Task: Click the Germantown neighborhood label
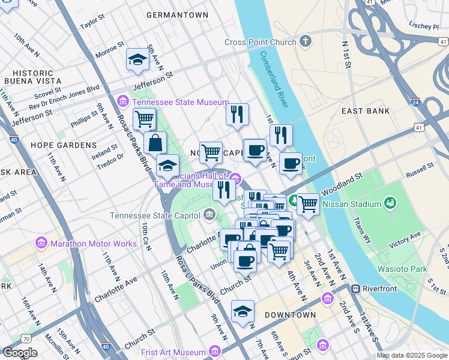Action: [x=177, y=14]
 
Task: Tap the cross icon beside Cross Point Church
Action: [x=306, y=42]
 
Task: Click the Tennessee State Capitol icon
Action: [x=209, y=214]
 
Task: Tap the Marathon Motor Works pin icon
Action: [x=41, y=244]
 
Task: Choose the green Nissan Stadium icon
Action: [x=391, y=204]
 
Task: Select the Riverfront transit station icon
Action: [x=356, y=289]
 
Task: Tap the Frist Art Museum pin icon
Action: [x=213, y=352]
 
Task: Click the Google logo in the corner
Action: [x=19, y=353]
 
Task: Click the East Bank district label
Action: [x=365, y=111]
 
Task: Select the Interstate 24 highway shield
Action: [x=415, y=103]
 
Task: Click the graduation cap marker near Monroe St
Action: [x=137, y=61]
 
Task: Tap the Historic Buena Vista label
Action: [x=29, y=76]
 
